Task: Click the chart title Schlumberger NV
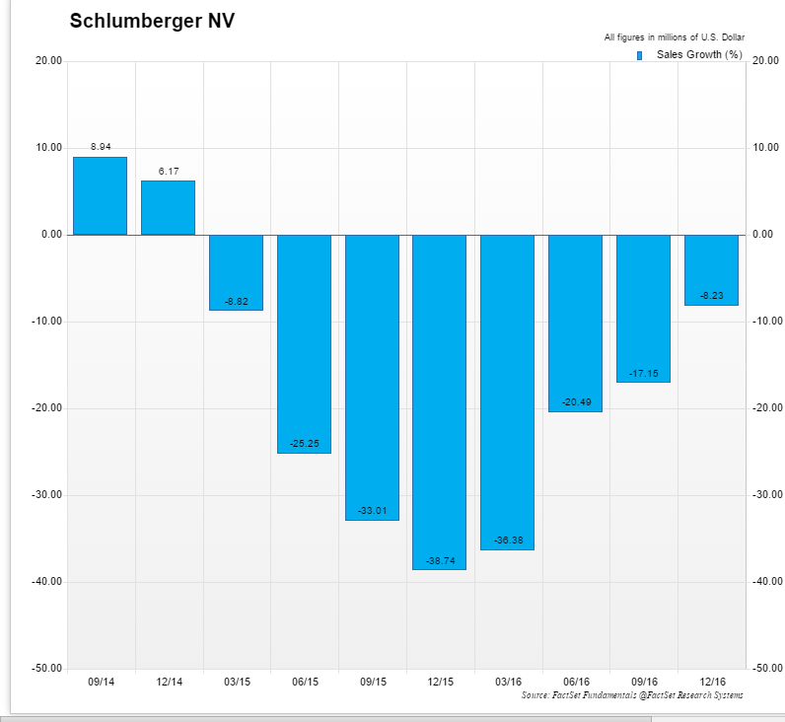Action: click(x=152, y=21)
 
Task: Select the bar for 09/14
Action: click(x=100, y=196)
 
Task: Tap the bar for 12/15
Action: click(x=439, y=401)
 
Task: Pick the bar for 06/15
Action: click(x=304, y=343)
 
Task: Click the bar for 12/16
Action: click(x=711, y=270)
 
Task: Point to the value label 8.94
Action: click(x=100, y=147)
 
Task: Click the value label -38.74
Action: click(x=439, y=560)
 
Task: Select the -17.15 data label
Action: click(x=643, y=373)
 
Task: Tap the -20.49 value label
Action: click(x=575, y=401)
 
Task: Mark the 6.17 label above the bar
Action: click(x=169, y=172)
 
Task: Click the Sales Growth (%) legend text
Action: click(x=698, y=54)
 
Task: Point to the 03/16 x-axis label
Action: click(x=508, y=682)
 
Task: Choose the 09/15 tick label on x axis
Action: click(x=372, y=682)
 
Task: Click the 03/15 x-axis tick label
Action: click(x=237, y=682)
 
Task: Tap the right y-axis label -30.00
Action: click(x=766, y=495)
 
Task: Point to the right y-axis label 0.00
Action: click(x=765, y=235)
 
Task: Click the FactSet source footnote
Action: click(x=632, y=695)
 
